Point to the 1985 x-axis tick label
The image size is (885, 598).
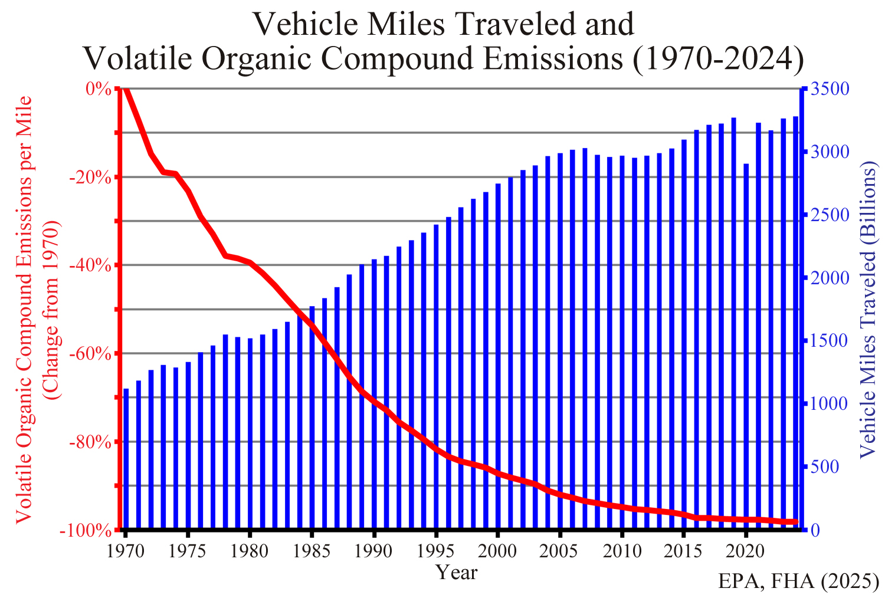tap(312, 551)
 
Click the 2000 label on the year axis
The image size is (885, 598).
tap(497, 551)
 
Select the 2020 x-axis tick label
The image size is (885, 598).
tap(746, 551)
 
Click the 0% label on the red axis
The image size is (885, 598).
tap(98, 89)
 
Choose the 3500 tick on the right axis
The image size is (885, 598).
tap(830, 89)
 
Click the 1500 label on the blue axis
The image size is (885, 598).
tap(830, 341)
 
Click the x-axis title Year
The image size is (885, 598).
tap(456, 572)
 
